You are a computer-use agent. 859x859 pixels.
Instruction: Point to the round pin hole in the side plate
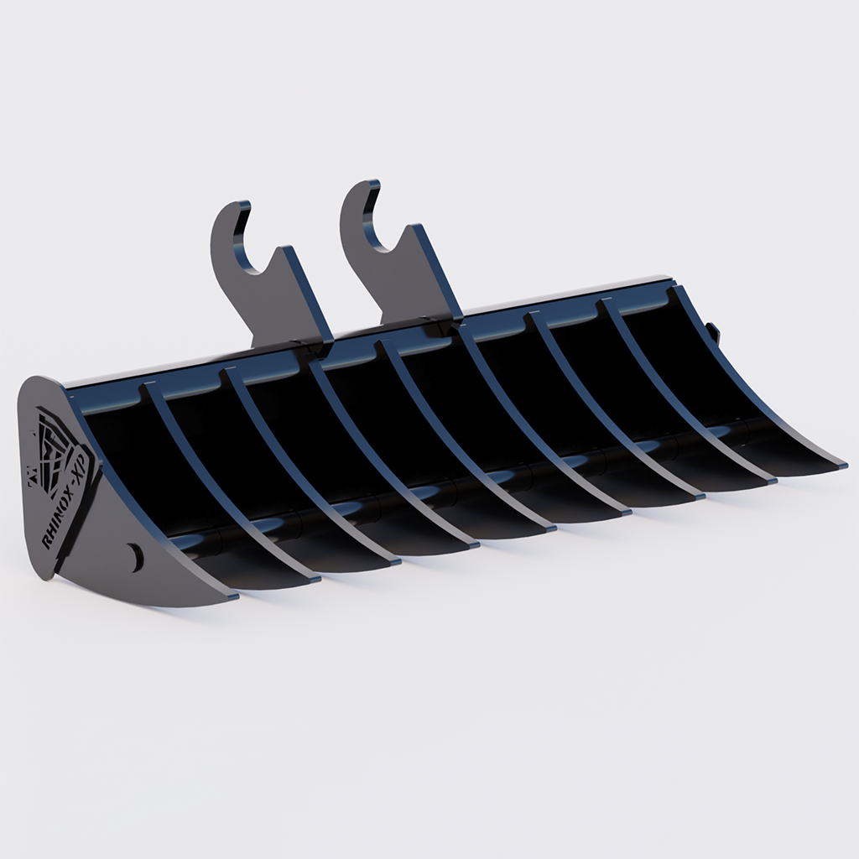point(134,556)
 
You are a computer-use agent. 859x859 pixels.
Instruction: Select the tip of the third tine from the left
point(394,560)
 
